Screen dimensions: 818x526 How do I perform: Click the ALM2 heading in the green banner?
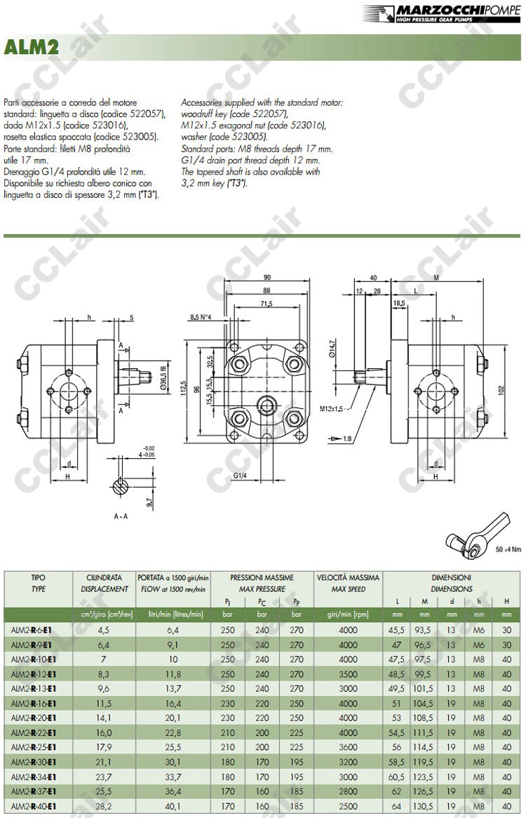[31, 47]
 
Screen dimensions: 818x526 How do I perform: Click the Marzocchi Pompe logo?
[442, 13]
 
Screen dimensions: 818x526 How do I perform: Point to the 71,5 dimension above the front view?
[266, 304]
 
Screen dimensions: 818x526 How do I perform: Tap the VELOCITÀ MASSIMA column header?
[348, 578]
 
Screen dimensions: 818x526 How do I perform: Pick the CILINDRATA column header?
[103, 578]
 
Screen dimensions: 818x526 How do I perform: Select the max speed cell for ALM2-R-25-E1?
[348, 748]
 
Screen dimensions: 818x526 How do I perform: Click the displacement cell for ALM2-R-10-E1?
[103, 659]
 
